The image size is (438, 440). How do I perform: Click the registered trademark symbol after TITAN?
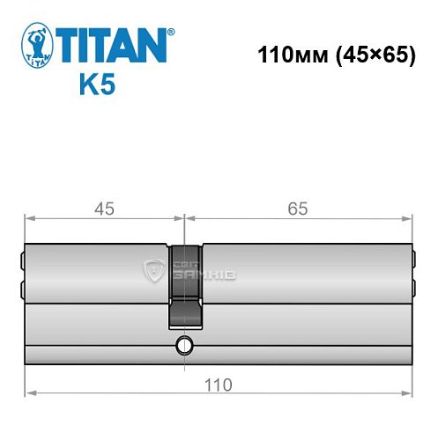point(173,32)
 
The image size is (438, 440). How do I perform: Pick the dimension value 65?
point(298,209)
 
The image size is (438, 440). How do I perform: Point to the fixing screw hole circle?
point(184,344)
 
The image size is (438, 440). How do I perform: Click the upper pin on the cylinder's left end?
point(22,260)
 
